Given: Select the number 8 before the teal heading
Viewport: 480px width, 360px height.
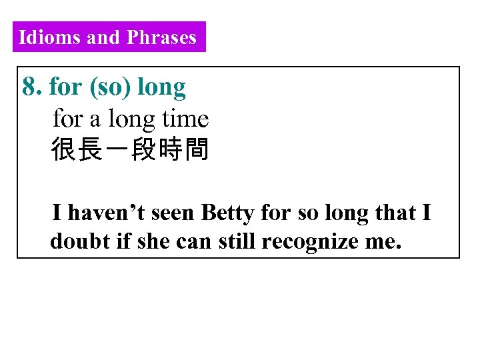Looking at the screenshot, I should click(30, 86).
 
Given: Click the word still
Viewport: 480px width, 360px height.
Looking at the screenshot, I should click(239, 241).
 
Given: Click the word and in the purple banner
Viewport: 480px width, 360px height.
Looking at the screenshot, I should click(103, 37).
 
